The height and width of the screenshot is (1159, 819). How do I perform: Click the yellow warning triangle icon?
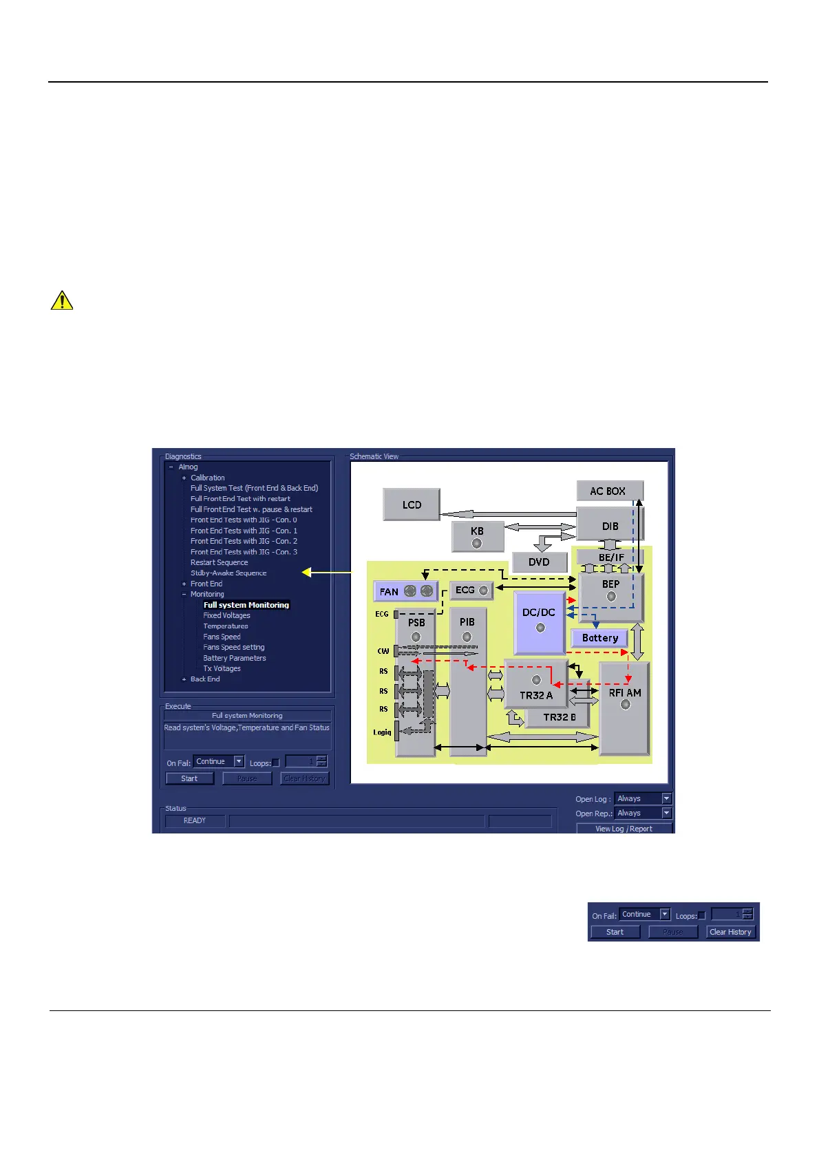[x=62, y=301]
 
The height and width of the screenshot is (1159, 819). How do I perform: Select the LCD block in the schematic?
[x=412, y=504]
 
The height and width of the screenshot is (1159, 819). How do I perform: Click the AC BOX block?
[x=609, y=491]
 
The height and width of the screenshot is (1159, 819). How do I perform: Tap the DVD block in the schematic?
[x=539, y=562]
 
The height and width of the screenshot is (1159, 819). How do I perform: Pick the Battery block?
[x=599, y=638]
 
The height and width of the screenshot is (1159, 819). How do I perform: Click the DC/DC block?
[x=539, y=621]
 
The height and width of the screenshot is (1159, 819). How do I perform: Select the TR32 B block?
[x=559, y=717]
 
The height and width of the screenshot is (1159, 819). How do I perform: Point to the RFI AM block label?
[x=624, y=692]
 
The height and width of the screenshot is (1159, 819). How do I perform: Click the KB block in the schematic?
[x=477, y=536]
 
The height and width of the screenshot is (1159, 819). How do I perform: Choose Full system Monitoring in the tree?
[x=246, y=605]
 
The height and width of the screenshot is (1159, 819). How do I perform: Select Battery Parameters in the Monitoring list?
[x=235, y=658]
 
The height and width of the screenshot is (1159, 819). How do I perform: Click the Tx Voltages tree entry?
[x=222, y=668]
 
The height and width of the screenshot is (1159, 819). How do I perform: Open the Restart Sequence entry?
[x=219, y=562]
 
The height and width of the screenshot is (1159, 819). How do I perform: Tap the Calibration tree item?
[x=207, y=478]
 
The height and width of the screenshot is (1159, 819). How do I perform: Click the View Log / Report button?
[x=624, y=829]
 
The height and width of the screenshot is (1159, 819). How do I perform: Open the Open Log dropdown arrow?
[x=666, y=798]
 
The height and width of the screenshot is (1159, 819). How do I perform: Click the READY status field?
[x=195, y=820]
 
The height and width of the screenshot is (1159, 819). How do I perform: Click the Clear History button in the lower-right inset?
[x=730, y=932]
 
